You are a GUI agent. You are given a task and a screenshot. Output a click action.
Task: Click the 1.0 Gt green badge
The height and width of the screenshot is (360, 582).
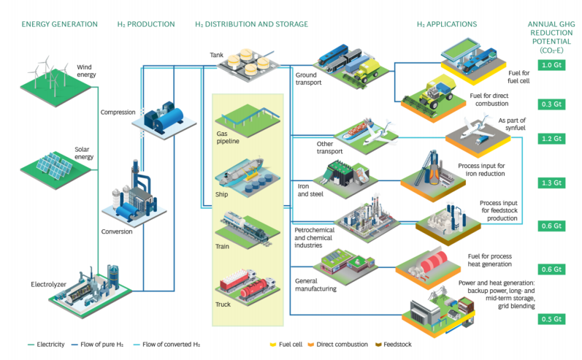click(x=550, y=66)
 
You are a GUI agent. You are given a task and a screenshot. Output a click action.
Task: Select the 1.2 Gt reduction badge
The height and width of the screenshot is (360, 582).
click(x=550, y=139)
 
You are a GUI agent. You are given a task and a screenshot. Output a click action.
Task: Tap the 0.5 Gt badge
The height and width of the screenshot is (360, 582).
click(x=550, y=319)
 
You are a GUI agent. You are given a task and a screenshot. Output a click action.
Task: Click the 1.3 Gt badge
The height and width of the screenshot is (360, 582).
click(x=550, y=183)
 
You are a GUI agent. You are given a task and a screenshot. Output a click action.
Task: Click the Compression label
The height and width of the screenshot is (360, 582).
click(x=118, y=112)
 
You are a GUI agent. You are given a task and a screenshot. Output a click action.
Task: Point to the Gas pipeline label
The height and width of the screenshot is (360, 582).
click(x=227, y=138)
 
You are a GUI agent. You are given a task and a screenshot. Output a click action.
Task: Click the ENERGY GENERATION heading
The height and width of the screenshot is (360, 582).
click(x=59, y=24)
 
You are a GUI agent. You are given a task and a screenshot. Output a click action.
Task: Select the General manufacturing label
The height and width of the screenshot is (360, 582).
click(x=315, y=284)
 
